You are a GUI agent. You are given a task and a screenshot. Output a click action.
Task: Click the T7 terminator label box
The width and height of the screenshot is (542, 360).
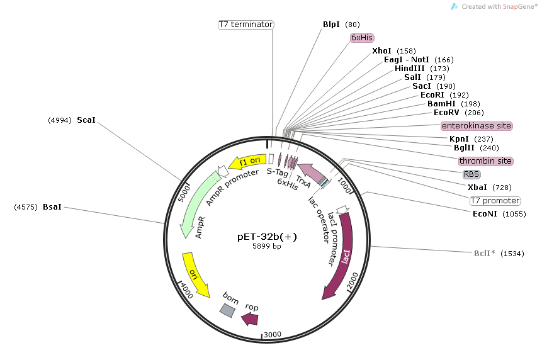click(246, 25)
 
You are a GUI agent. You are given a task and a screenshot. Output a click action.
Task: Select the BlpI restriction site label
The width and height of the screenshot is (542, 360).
click(331, 25)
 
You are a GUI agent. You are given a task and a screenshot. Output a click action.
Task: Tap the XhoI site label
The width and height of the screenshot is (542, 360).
click(381, 50)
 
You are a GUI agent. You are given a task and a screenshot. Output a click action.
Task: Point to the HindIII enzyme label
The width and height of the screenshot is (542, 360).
click(409, 68)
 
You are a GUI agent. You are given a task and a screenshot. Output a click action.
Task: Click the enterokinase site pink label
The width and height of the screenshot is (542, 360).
click(477, 126)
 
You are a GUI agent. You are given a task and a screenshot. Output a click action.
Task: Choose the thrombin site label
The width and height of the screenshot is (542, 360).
click(485, 161)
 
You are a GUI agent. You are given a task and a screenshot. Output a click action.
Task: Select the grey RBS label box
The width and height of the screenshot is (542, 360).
click(471, 174)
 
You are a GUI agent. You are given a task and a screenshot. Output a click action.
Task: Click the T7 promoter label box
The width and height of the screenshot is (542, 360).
click(495, 201)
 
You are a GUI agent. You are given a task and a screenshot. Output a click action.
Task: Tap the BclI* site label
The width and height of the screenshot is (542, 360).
click(484, 254)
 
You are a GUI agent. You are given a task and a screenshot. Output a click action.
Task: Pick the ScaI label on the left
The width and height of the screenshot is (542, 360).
click(86, 120)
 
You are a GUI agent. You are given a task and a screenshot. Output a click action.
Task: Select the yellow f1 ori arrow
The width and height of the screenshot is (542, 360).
click(246, 162)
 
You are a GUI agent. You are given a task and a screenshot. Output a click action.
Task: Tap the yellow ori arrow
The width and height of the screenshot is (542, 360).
click(196, 273)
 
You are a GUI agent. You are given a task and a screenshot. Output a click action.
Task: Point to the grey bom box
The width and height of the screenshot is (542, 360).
click(228, 309)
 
